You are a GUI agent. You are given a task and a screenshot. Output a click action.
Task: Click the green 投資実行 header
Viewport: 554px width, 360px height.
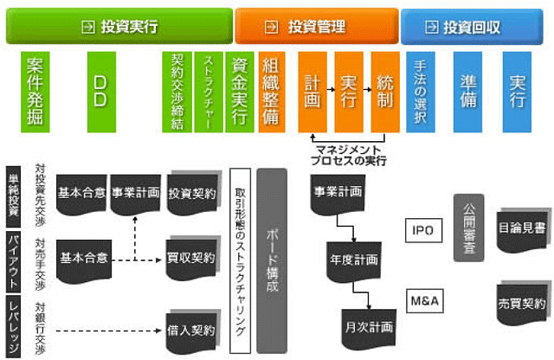[119, 27]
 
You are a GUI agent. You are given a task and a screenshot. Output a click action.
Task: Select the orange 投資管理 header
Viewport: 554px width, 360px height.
[317, 27]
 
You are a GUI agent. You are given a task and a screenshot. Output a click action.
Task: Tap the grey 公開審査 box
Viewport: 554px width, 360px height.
[467, 227]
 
